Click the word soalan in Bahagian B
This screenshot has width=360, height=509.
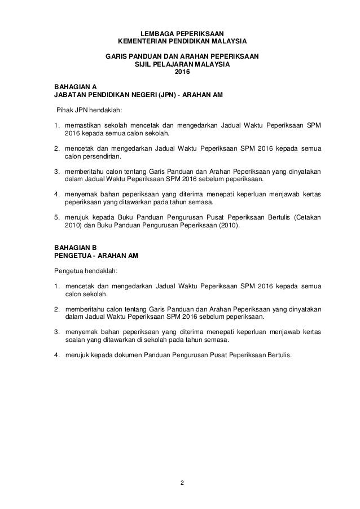point(76,341)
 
